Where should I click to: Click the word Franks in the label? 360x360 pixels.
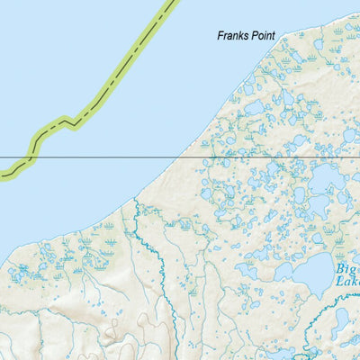pyautogui.click(x=233, y=37)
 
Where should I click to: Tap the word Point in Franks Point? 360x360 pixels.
pyautogui.click(x=262, y=37)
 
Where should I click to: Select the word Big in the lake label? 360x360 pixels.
pyautogui.click(x=347, y=267)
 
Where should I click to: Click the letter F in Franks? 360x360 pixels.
pyautogui.click(x=220, y=37)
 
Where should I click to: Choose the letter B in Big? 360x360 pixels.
pyautogui.click(x=340, y=267)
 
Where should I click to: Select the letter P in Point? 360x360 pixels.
pyautogui.click(x=252, y=37)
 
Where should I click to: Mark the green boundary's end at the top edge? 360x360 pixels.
pyautogui.click(x=172, y=3)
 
